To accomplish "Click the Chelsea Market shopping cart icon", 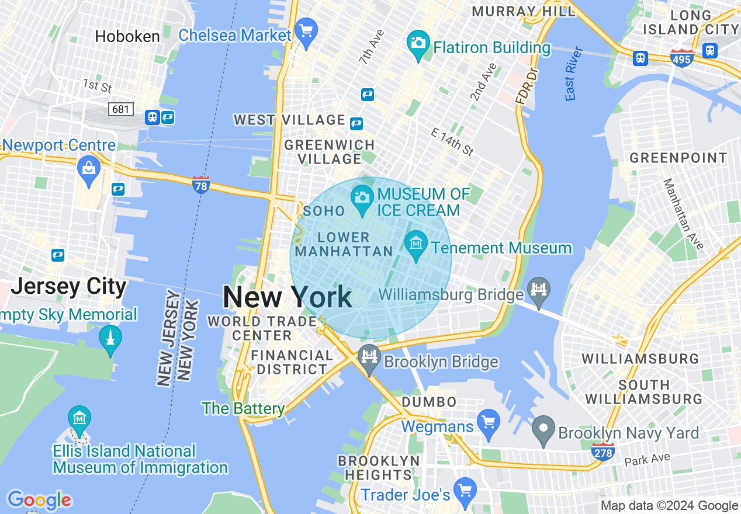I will coord(306,30).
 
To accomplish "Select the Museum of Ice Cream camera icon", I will coord(362,197).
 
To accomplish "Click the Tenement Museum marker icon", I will coord(416,242).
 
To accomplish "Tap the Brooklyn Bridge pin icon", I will coord(369,356).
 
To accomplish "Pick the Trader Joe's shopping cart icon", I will coord(465,489).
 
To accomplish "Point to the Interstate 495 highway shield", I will coord(682,58).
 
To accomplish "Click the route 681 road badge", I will coord(121,109).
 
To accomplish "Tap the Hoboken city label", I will coord(127,36).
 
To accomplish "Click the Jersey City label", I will coord(68,287).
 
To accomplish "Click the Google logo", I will coord(39,501).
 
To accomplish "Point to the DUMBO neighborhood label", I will coord(429,402).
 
